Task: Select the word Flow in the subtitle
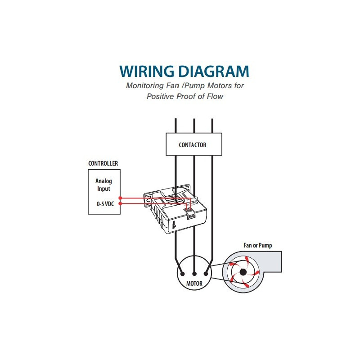pos(213,96)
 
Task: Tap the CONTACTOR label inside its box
pos(193,145)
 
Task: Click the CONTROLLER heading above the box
pos(103,163)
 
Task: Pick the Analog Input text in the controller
pos(103,185)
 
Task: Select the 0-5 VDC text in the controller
pos(103,203)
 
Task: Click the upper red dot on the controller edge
pos(120,198)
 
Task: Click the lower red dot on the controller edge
pos(120,203)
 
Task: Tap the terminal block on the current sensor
pos(191,215)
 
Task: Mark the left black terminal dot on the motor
pos(182,273)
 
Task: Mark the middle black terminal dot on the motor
pos(194,273)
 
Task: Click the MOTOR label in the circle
pos(194,284)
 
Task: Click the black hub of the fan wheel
pos(243,272)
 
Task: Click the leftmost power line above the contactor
pos(175,126)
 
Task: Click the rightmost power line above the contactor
pos(211,126)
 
